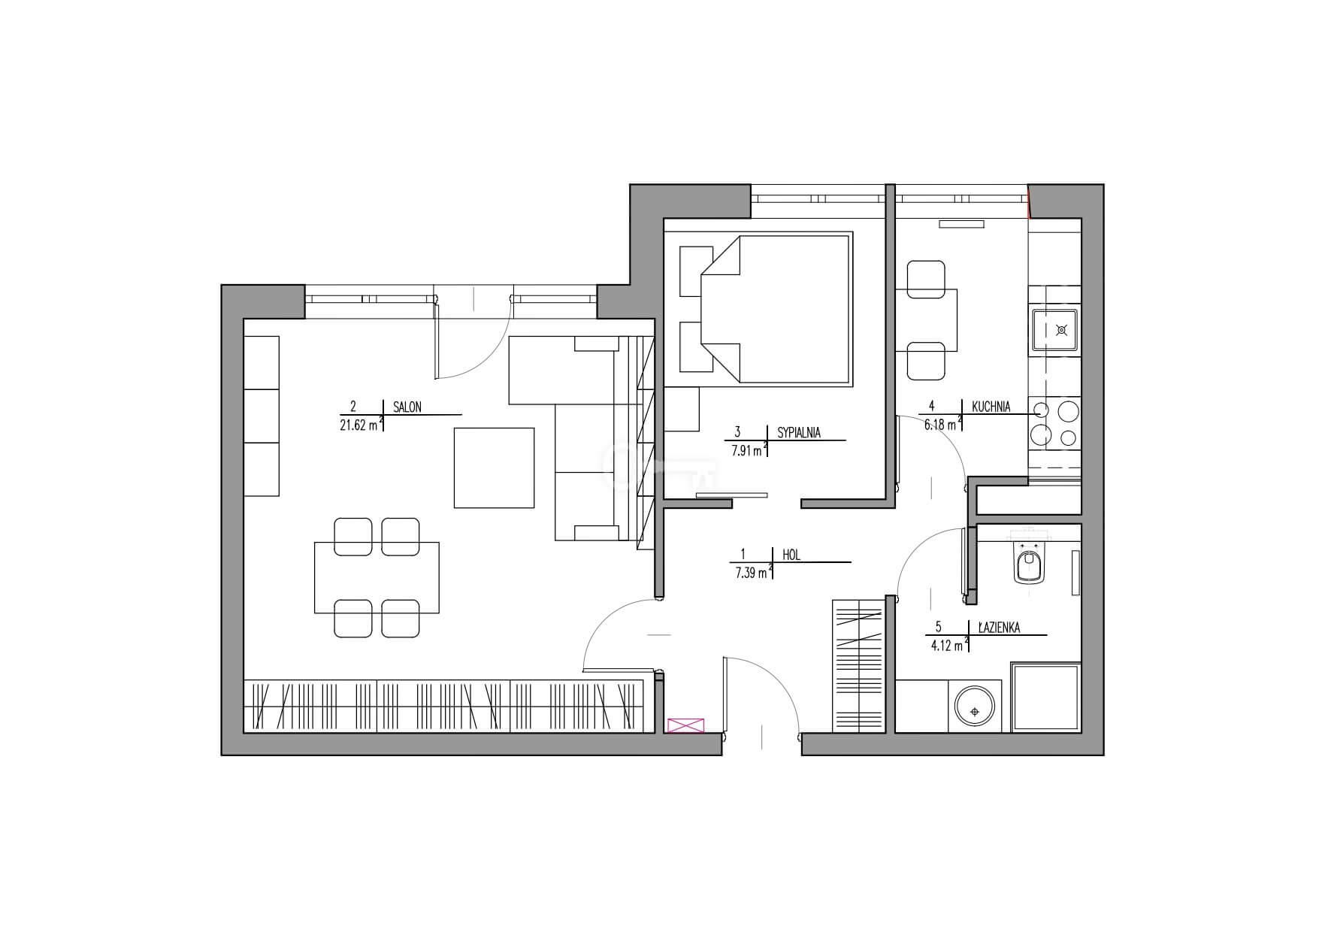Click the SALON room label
coord(407,407)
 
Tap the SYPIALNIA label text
coord(799,432)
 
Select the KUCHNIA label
coord(991,407)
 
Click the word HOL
coord(791,555)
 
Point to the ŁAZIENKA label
coord(999,628)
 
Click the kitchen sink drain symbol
coord(1061,329)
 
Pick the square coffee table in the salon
coord(494,468)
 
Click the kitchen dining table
coord(927,320)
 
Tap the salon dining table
coord(377,577)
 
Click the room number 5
coord(939,627)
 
